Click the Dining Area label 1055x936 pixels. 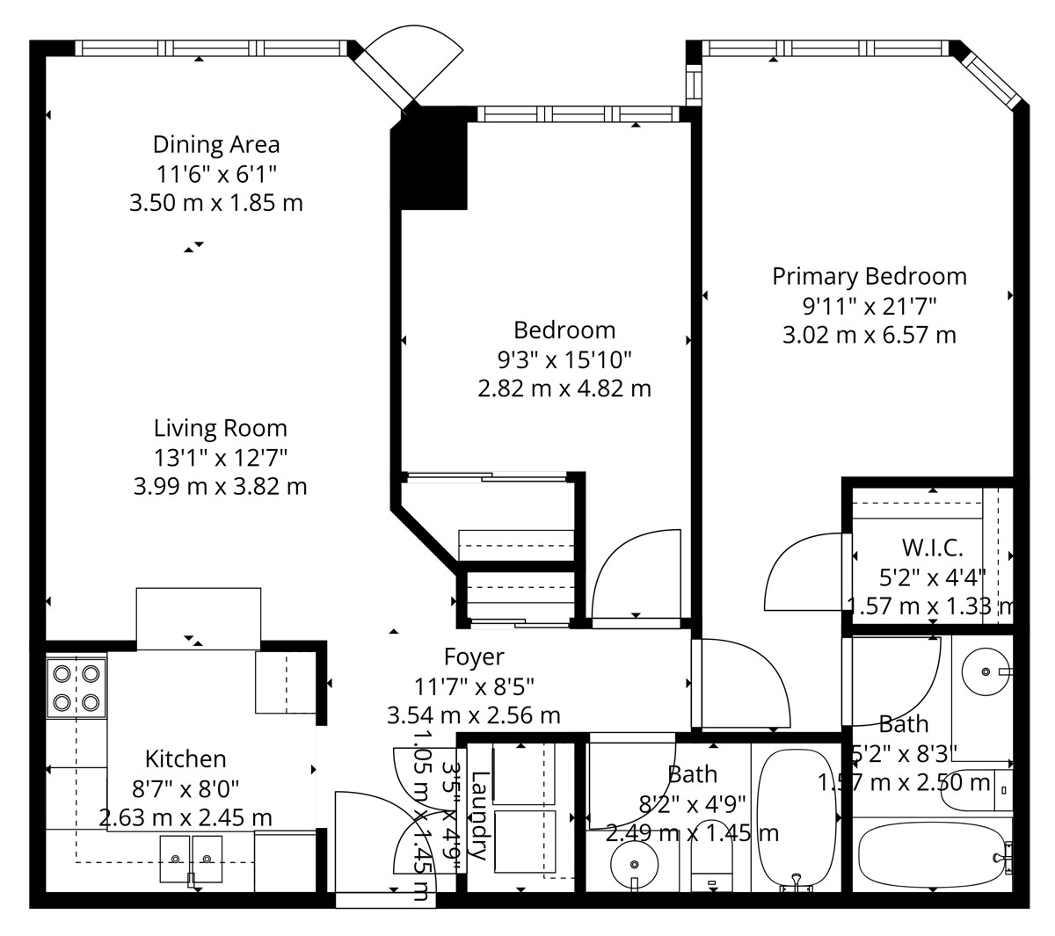tap(216, 145)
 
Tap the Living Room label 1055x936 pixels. tap(221, 428)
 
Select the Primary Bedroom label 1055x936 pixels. tap(869, 277)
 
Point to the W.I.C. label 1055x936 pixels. tap(932, 548)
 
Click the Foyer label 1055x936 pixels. tap(474, 657)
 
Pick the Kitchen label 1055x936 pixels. tap(186, 759)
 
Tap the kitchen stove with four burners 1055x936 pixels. tap(76, 688)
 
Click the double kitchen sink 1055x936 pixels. tap(191, 859)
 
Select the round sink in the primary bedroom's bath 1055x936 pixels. tap(986, 671)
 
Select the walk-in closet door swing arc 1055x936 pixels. tap(781, 568)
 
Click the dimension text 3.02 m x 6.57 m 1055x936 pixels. tap(869, 335)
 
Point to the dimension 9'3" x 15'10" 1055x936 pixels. tap(564, 359)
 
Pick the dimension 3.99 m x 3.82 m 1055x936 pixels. tap(221, 487)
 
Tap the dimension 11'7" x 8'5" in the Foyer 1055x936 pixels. tap(474, 686)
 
